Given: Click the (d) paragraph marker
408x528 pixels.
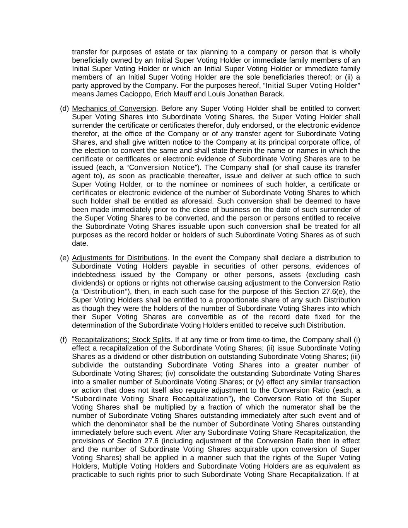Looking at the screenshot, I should [x=64, y=108].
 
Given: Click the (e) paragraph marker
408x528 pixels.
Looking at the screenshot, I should [x=64, y=258].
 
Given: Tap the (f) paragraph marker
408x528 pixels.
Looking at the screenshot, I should [x=63, y=340].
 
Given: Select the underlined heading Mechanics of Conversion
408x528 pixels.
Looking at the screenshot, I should [x=114, y=108].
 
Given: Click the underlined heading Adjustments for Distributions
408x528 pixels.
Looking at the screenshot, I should [x=119, y=258].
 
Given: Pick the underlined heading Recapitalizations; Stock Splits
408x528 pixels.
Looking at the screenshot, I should [x=121, y=340].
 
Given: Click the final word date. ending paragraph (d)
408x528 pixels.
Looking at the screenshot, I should [x=80, y=243].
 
